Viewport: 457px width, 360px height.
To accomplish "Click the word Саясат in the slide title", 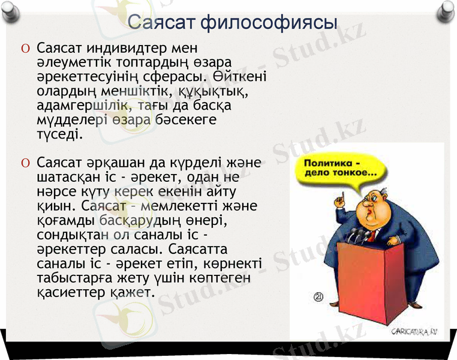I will (162, 23).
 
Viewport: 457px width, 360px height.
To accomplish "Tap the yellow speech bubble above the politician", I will (339, 169).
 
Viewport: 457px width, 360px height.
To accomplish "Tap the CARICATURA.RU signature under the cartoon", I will (413, 331).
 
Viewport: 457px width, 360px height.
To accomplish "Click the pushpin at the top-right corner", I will (446, 8).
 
